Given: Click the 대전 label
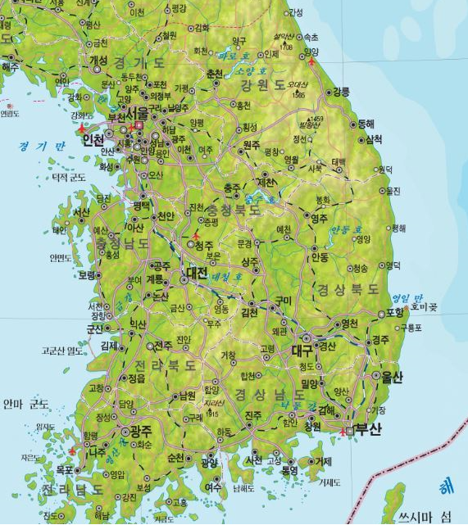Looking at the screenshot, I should pyautogui.click(x=197, y=272).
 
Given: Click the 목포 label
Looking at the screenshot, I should pyautogui.click(x=64, y=471).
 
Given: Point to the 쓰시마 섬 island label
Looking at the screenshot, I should pyautogui.click(x=425, y=517).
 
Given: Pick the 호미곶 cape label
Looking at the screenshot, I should pyautogui.click(x=424, y=307).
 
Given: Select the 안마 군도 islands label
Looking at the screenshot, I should pyautogui.click(x=26, y=404).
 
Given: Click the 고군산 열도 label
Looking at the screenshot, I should pyautogui.click(x=63, y=351).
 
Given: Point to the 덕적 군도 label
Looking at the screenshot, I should pyautogui.click(x=69, y=177).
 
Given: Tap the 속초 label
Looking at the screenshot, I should pyautogui.click(x=311, y=38).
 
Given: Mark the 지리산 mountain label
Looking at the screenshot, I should pyautogui.click(x=214, y=403).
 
